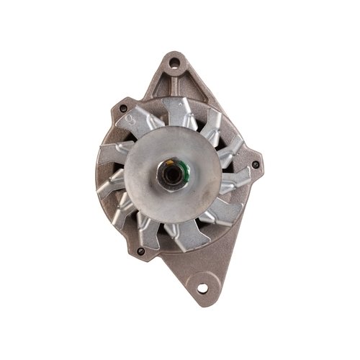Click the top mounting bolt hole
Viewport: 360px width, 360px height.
pyautogui.click(x=173, y=63)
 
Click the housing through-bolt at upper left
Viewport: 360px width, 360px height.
pyautogui.click(x=123, y=109)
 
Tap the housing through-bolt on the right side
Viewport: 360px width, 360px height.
pyautogui.click(x=256, y=167)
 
